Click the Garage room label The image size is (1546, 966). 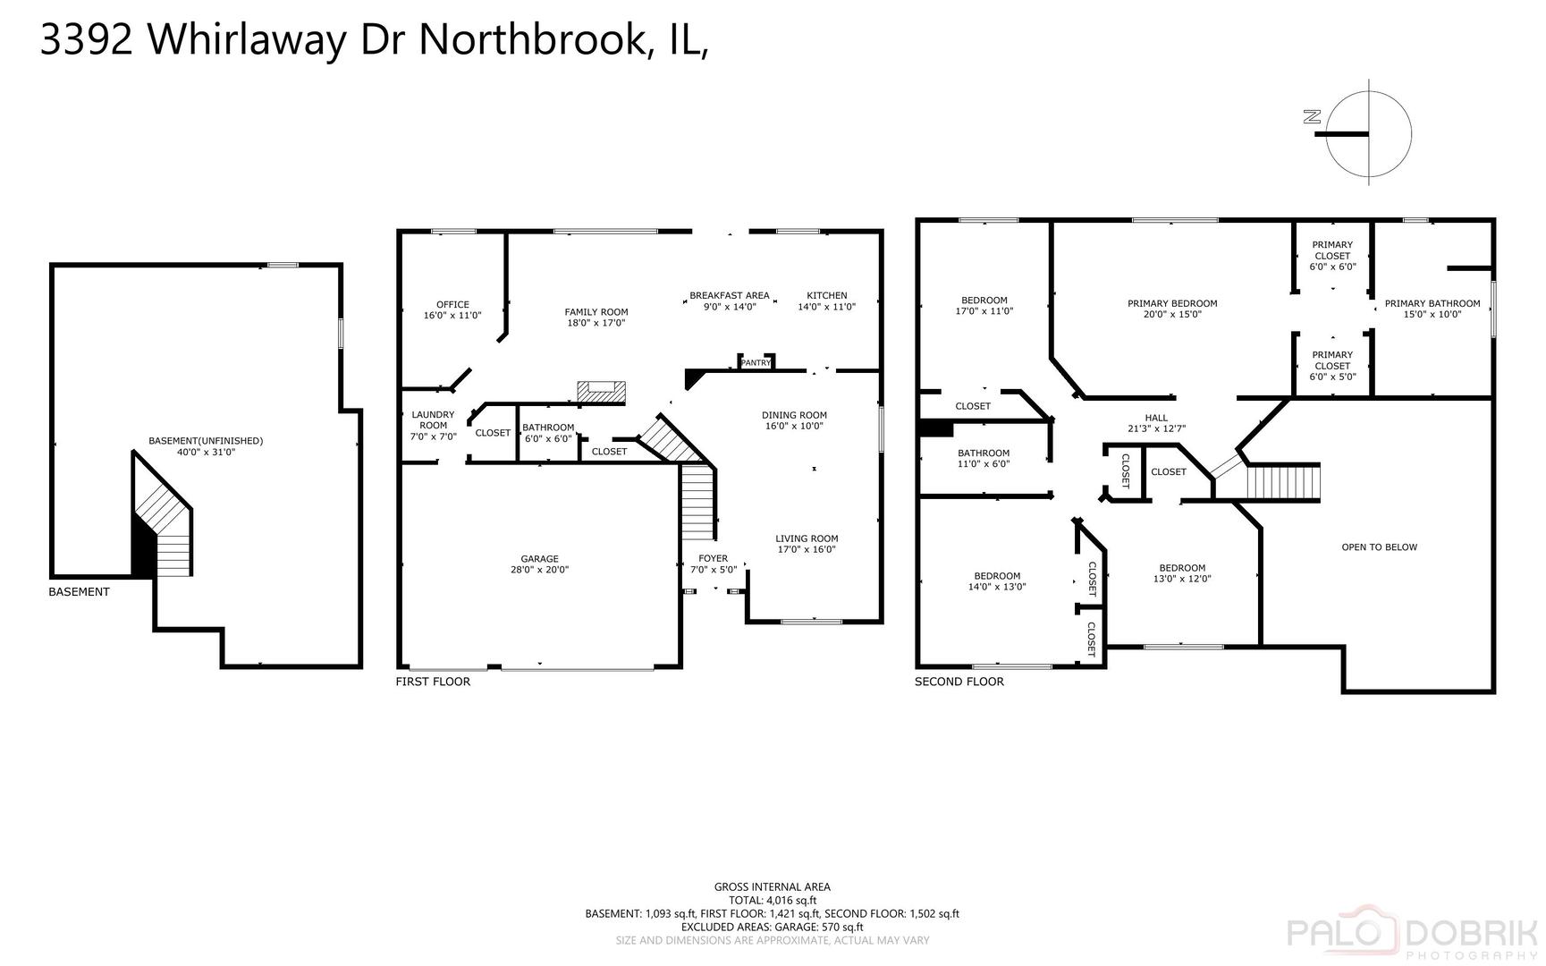pos(539,559)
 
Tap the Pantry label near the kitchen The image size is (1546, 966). pos(756,362)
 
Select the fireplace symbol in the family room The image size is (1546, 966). pos(601,391)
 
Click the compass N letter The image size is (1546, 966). pos(1313,116)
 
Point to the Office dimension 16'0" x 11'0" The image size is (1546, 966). pos(452,316)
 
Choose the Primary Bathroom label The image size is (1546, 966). pos(1432,303)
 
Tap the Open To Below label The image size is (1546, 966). pos(1379,547)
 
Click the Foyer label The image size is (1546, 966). pos(714,559)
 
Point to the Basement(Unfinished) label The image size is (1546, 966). pos(206,441)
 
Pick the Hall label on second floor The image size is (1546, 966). pos(1156,418)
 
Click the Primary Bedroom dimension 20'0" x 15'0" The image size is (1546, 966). pos(1172,314)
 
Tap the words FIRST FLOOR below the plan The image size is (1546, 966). pos(433,682)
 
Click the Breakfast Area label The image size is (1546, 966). pos(730,295)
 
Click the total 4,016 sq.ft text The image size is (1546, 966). pos(773,901)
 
